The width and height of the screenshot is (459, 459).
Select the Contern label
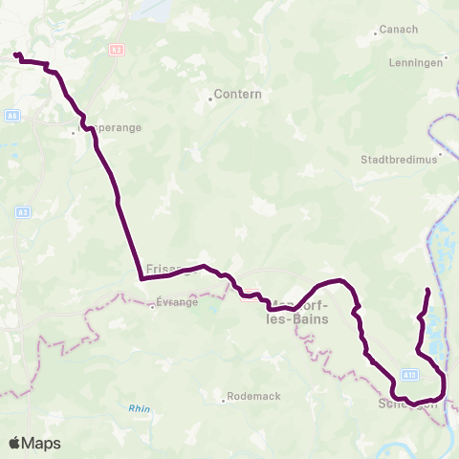pos(238,95)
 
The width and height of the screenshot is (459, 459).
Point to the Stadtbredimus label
pos(399,160)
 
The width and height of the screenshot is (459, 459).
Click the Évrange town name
pos(176,303)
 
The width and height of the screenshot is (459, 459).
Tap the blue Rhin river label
pos(141,408)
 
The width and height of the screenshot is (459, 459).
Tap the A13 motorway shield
pos(408,374)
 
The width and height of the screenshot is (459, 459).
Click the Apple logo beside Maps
pos(15,443)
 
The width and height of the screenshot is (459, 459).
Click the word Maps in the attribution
pos(42,443)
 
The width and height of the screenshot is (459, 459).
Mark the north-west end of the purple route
pos(16,55)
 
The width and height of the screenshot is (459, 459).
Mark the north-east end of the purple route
pos(426,289)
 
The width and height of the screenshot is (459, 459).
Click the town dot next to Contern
pos(209,95)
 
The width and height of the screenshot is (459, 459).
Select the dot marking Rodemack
pos(223,401)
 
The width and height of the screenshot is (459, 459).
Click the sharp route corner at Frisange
pos(142,279)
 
